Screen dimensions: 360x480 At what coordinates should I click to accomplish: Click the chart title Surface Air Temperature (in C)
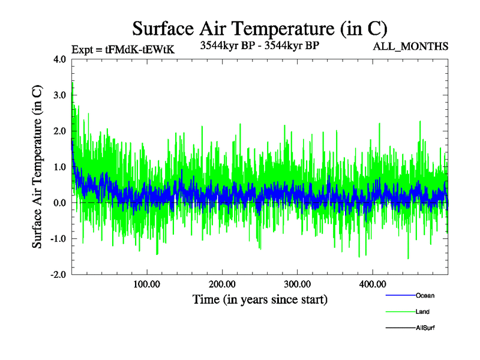coord(260,29)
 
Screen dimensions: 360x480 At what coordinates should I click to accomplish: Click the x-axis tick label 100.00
coord(146,284)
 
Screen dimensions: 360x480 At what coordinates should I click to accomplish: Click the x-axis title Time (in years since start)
coord(260,299)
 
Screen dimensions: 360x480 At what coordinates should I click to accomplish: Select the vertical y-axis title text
coord(37,167)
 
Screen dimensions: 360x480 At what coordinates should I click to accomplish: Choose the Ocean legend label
coord(425,296)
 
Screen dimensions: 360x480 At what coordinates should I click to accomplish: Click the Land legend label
coord(422,312)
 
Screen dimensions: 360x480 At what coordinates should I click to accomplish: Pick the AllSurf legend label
coord(425,328)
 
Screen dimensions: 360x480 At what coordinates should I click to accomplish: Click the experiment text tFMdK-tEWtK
coord(140,50)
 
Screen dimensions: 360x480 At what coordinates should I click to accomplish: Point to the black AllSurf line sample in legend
coord(400,328)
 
